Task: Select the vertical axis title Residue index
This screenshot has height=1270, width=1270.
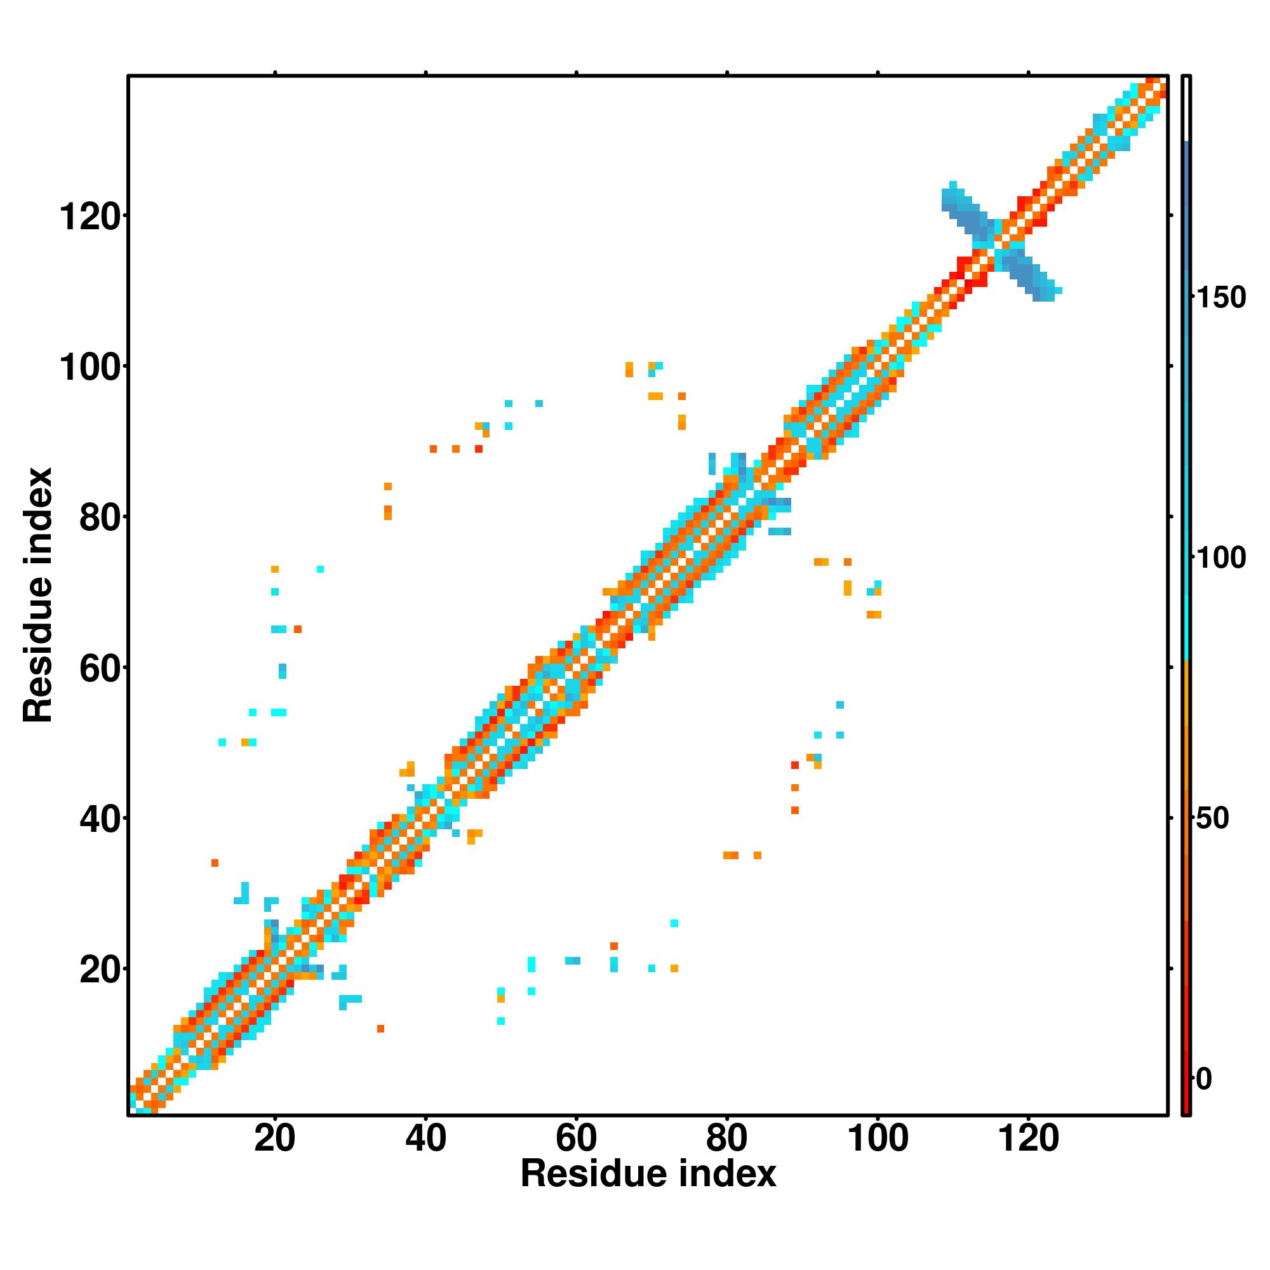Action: coord(37,595)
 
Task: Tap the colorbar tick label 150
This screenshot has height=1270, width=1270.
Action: coord(1220,298)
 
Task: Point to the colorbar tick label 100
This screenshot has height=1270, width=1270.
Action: coord(1220,558)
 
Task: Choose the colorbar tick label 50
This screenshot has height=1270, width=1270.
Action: coord(1213,819)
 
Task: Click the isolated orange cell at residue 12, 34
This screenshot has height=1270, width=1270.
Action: coord(214,862)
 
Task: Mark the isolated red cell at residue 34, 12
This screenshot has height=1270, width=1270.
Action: coord(380,1028)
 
